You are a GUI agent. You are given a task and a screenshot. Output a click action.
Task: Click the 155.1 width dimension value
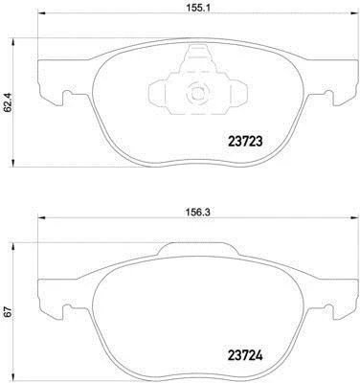point(197,8)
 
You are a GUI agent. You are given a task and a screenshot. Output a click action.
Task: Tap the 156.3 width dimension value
point(197,211)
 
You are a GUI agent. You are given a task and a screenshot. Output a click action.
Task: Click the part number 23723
point(245,141)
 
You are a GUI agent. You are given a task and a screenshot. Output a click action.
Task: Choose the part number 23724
point(245,355)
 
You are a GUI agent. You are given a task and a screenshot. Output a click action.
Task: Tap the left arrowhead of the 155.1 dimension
point(42,13)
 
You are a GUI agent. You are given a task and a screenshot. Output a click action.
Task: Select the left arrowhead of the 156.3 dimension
point(42,218)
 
